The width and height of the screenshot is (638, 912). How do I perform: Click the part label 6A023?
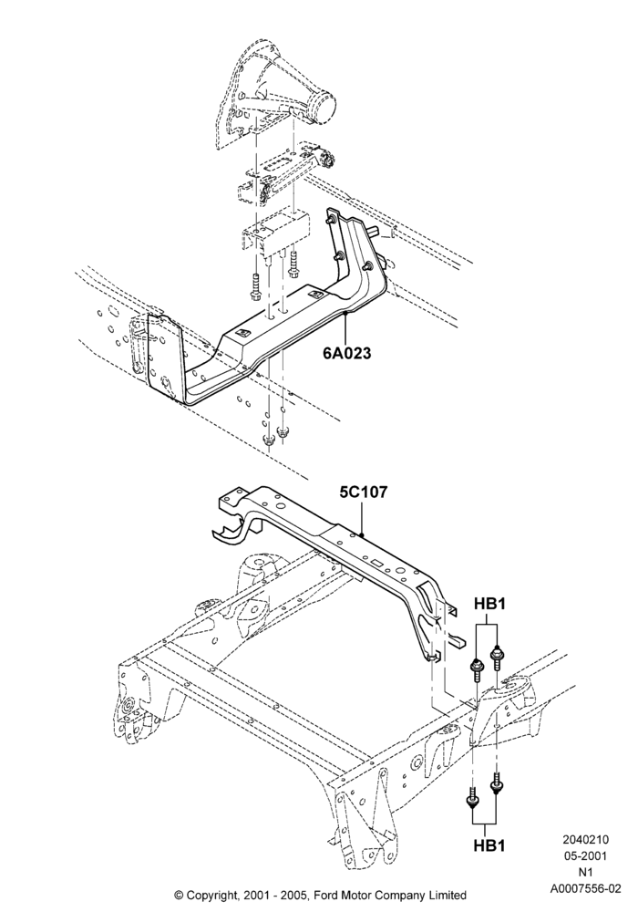pos(347,352)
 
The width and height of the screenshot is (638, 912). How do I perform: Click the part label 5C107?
pos(363,492)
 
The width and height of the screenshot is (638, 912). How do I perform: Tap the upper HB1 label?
pos(489,604)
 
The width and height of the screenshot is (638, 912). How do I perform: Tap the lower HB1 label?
pos(489,845)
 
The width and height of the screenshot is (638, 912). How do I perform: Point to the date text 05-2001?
pos(585,856)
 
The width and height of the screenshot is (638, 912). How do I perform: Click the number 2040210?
pos(585,839)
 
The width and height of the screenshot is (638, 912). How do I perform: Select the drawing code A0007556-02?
pos(585,888)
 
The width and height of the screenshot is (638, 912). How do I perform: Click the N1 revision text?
pos(585,873)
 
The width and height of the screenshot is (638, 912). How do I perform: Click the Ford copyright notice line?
pos(320,896)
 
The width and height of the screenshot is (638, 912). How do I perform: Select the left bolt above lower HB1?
pos(472,799)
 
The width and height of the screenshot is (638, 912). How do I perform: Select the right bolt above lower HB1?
pos(497,783)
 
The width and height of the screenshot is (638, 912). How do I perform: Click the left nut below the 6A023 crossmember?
pos(269,440)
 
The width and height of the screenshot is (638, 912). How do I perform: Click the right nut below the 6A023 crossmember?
pos(283,431)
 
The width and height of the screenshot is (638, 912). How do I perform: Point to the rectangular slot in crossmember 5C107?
pos(376,563)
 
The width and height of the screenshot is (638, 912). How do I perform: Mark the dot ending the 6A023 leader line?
pos(345,313)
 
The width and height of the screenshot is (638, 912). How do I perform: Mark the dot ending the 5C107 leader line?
pos(362,533)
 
